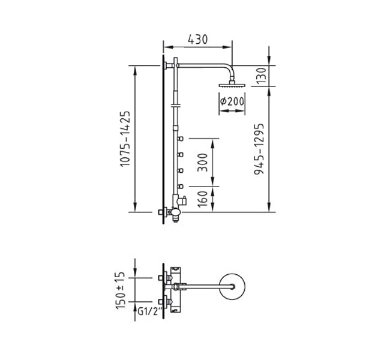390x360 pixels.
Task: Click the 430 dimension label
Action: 197,40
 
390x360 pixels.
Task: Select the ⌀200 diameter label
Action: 232,101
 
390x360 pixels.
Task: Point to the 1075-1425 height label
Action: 125,139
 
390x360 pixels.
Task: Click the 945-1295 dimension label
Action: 259,149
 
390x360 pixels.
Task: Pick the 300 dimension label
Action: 202,163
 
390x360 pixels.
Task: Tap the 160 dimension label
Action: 203,199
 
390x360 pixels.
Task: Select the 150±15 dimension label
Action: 120,290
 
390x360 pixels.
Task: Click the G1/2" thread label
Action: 150,311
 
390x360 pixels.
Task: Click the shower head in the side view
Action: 232,84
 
